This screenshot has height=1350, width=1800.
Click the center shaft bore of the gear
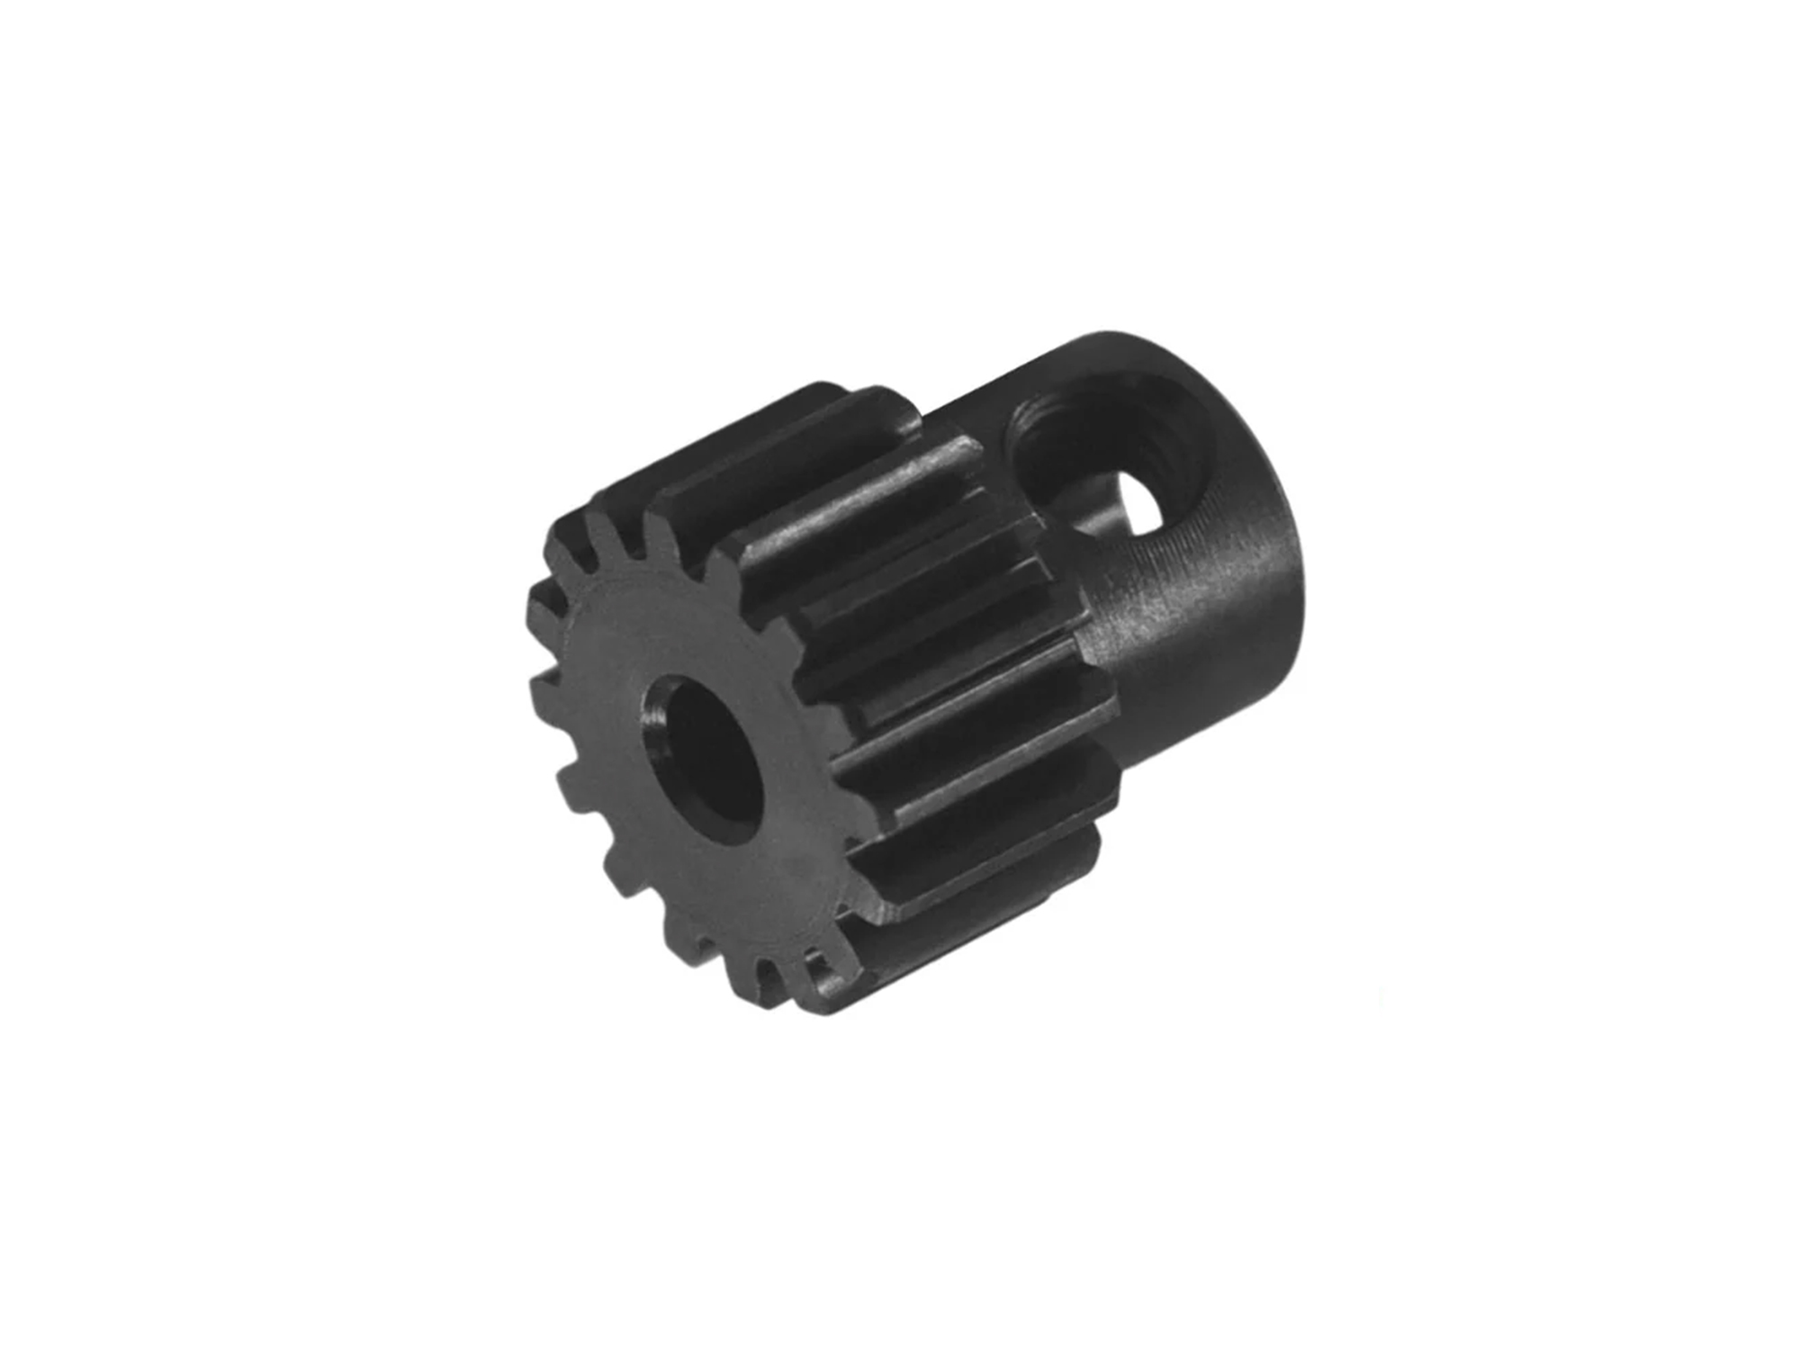(706, 752)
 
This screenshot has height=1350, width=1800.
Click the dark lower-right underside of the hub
(1197, 720)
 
